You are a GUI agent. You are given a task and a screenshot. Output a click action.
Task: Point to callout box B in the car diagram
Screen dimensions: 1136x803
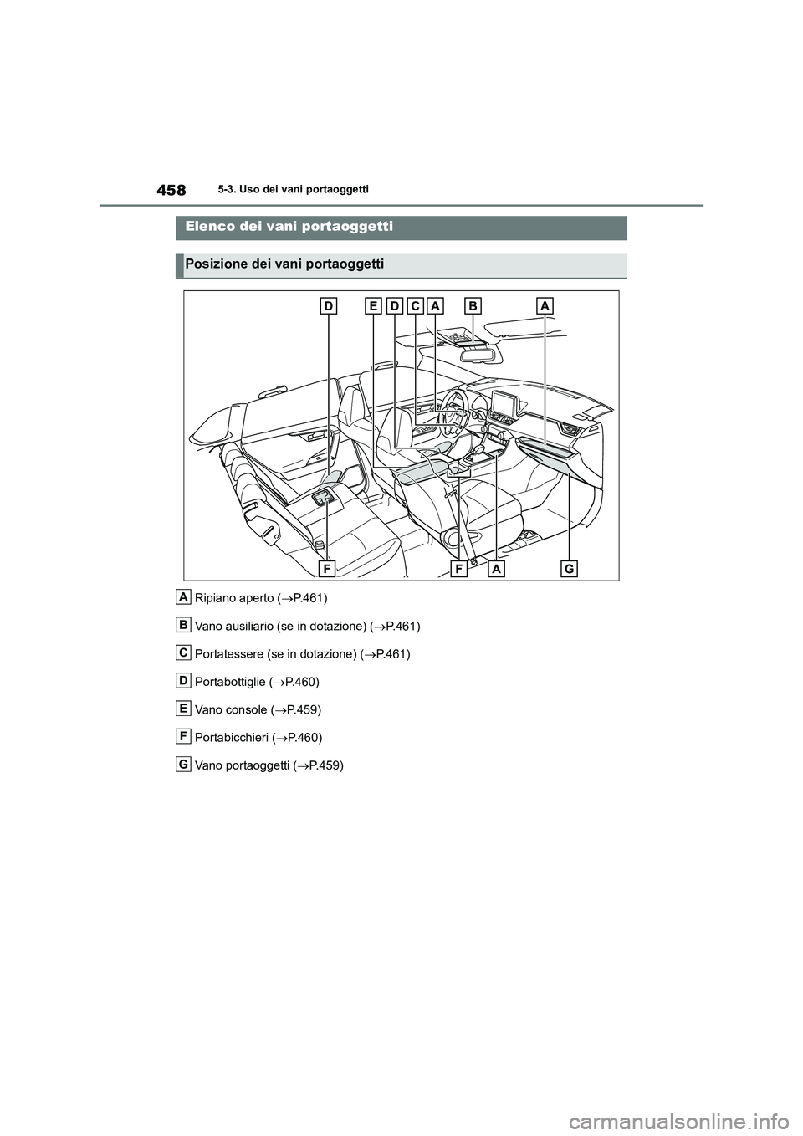click(x=473, y=307)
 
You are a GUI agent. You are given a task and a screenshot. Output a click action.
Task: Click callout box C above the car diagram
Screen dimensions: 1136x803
click(x=414, y=307)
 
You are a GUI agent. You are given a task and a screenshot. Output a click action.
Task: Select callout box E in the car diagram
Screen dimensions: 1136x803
click(x=372, y=307)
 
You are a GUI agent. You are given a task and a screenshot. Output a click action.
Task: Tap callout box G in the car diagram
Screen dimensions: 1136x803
click(x=568, y=569)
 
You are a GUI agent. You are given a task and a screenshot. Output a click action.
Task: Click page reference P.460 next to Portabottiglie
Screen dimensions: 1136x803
click(x=301, y=682)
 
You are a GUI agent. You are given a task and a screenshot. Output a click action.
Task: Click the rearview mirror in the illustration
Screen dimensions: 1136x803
click(x=474, y=353)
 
